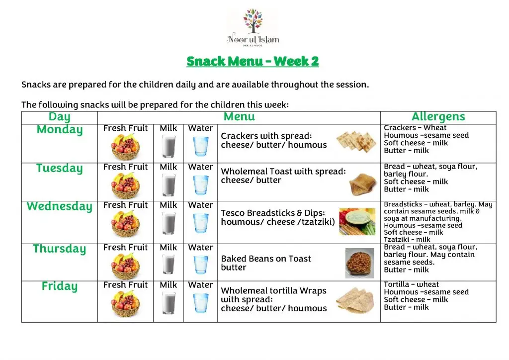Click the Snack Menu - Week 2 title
pyautogui.click(x=253, y=61)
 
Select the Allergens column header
pyautogui.click(x=438, y=117)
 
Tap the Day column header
pyautogui.click(x=59, y=117)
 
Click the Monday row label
pyautogui.click(x=59, y=130)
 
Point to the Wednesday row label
pyautogui.click(x=59, y=206)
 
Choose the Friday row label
pyautogui.click(x=59, y=286)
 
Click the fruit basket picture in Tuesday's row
pyautogui.click(x=125, y=186)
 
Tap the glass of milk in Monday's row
pyautogui.click(x=169, y=147)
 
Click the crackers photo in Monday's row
pyautogui.click(x=353, y=141)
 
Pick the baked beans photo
pyautogui.click(x=359, y=263)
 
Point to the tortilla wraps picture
pyautogui.click(x=355, y=301)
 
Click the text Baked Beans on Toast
pyautogui.click(x=265, y=259)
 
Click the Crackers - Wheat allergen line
pyautogui.click(x=415, y=128)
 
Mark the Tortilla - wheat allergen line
pyautogui.click(x=411, y=284)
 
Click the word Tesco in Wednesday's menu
pyautogui.click(x=232, y=213)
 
